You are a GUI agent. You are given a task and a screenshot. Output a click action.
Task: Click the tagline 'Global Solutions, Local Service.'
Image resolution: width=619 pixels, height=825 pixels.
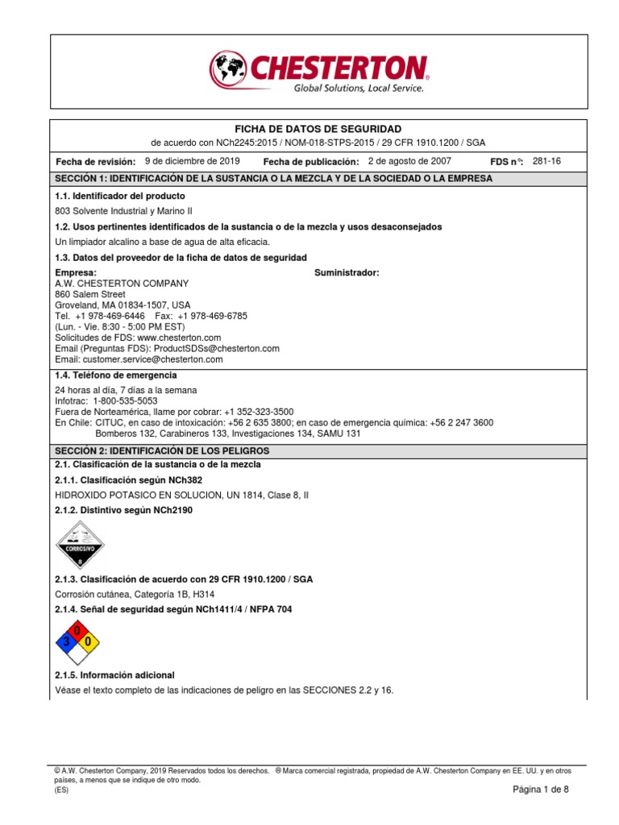[x=358, y=89]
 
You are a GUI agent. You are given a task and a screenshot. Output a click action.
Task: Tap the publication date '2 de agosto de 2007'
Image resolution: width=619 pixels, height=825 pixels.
[x=409, y=161]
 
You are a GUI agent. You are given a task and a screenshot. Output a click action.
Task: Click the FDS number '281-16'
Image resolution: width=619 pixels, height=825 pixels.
[x=547, y=161]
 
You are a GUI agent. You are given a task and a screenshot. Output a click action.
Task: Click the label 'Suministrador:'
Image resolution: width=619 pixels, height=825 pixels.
[x=347, y=273]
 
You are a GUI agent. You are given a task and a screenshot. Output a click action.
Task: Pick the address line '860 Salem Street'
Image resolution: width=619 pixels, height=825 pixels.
[x=90, y=295]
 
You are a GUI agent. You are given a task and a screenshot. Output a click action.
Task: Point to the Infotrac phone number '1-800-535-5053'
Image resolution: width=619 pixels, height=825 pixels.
[x=126, y=400]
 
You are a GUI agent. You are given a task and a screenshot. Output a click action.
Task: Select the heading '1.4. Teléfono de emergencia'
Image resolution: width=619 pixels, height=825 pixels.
[x=115, y=375]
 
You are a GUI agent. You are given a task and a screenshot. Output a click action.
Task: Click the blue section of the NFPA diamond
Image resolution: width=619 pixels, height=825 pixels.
[x=64, y=642]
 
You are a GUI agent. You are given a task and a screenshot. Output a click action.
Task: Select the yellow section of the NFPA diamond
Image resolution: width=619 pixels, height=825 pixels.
[x=90, y=642]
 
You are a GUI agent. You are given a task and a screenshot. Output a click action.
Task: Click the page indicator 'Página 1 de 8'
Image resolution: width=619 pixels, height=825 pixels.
[x=541, y=790]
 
